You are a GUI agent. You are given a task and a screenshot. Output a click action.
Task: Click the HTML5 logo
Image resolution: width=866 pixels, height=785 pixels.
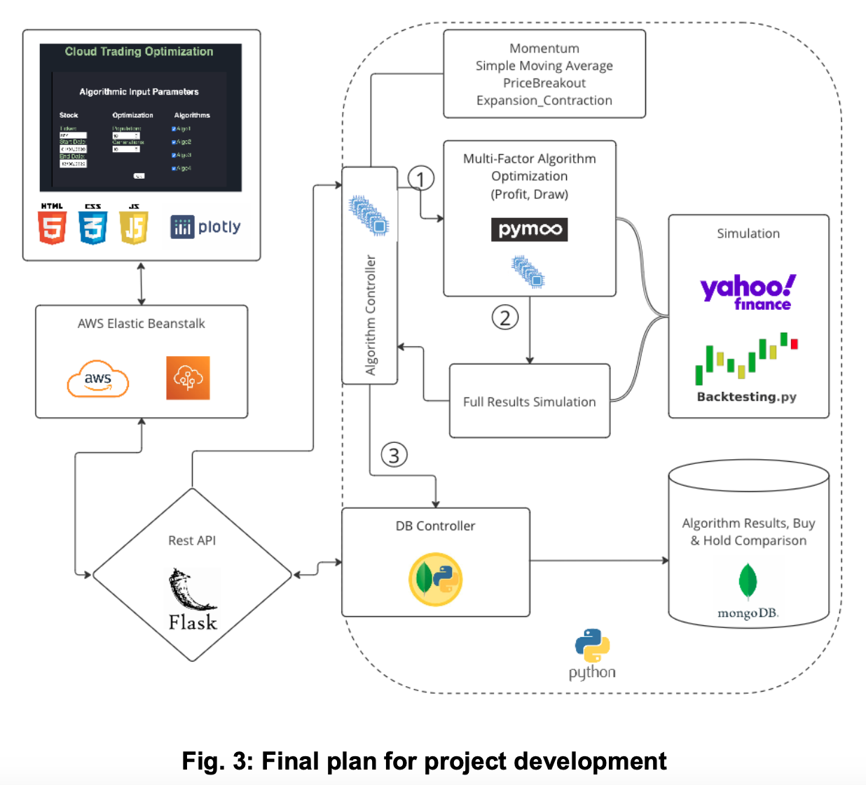coord(53,225)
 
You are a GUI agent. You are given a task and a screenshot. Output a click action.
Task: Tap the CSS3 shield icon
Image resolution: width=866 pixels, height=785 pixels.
coord(93,225)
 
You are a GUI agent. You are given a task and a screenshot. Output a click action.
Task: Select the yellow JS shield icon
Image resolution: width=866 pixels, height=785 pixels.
coord(134,225)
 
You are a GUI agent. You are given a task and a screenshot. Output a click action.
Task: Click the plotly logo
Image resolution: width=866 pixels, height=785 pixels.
coord(205,226)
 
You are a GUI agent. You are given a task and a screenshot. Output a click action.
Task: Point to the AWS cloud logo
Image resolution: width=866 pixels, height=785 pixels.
coord(98,379)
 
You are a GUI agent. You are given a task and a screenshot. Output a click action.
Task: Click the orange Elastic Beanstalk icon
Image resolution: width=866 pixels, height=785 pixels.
coord(188,378)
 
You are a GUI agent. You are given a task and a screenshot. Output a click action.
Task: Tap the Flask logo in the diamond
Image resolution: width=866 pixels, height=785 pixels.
coord(192,600)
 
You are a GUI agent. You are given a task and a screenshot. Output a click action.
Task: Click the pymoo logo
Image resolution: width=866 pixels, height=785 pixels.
coord(529,229)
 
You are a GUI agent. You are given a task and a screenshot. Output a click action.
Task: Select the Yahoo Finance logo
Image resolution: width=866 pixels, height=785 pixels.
coord(748,291)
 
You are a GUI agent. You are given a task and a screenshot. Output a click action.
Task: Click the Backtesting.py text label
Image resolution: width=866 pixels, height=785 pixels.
coord(746,397)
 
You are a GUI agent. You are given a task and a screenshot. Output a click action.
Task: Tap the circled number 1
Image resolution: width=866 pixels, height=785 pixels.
coord(420,179)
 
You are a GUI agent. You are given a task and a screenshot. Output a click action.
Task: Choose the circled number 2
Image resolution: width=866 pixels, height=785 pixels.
coord(504,318)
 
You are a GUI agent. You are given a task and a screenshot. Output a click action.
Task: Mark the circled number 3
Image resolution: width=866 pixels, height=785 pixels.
coord(394,455)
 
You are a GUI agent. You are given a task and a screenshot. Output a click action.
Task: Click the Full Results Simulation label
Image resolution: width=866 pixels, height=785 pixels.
coord(529,402)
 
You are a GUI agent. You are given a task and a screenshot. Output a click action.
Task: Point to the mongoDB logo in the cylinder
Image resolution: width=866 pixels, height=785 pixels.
coord(748,592)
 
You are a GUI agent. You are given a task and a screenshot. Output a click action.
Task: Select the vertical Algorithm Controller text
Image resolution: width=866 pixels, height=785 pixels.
coord(371,315)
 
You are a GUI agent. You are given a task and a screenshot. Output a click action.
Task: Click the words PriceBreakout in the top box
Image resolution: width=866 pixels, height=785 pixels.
coord(544,83)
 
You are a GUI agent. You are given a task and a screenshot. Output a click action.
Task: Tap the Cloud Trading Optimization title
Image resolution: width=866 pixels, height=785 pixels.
coord(139,51)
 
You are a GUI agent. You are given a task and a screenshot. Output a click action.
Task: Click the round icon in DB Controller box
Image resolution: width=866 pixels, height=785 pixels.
coord(435,579)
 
